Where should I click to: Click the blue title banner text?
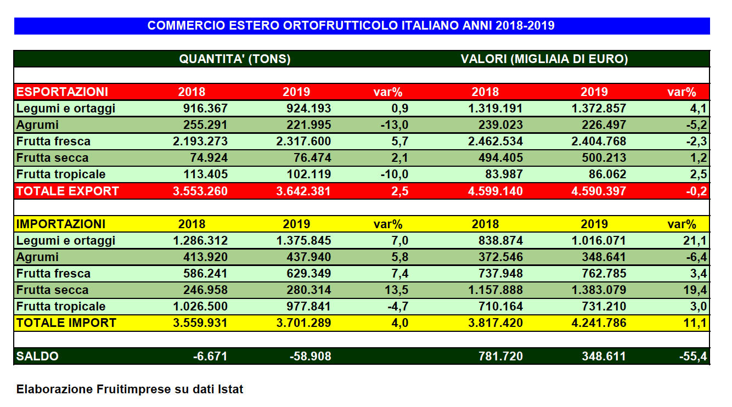[351, 26]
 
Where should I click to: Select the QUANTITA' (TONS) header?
[235, 59]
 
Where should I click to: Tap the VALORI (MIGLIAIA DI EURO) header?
[544, 59]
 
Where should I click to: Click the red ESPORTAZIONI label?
[62, 92]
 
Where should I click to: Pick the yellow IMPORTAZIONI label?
[61, 224]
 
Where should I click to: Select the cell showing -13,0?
[394, 125]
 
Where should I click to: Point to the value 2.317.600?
[303, 142]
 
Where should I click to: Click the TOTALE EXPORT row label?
[67, 191]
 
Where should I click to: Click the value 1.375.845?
[303, 240]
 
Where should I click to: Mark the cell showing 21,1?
[696, 240]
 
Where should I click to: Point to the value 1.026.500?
[200, 306]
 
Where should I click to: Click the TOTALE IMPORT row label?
[66, 323]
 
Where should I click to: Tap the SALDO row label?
[37, 356]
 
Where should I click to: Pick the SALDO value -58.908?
[310, 356]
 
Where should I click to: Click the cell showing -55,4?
[693, 356]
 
